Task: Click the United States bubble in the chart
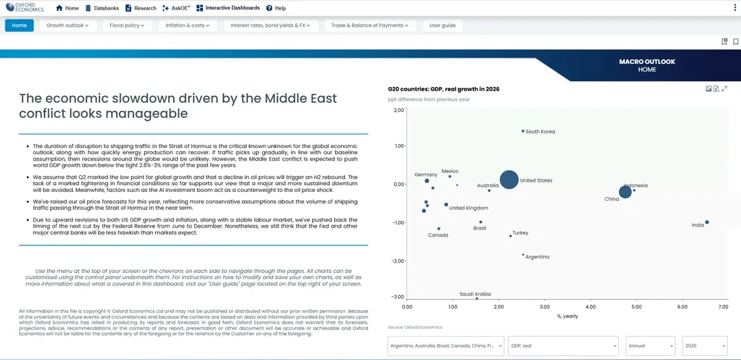pyautogui.click(x=509, y=180)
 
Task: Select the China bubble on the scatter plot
pyautogui.click(x=625, y=192)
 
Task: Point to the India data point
pyautogui.click(x=707, y=222)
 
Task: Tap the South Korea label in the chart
pyautogui.click(x=540, y=132)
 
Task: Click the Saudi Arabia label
pyautogui.click(x=475, y=294)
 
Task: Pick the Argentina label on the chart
pyautogui.click(x=537, y=257)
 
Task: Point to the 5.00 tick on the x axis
pyautogui.click(x=635, y=307)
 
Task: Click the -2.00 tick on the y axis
pyautogui.click(x=398, y=261)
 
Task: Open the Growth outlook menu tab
pyautogui.click(x=67, y=25)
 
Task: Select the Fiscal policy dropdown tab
pyautogui.click(x=127, y=25)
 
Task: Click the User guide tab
pyautogui.click(x=443, y=25)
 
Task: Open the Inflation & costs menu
pyautogui.click(x=187, y=25)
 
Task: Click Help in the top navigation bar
pyautogui.click(x=276, y=8)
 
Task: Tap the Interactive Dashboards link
pyautogui.click(x=228, y=8)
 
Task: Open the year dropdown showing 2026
pyautogui.click(x=705, y=346)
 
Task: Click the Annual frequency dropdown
pyautogui.click(x=650, y=346)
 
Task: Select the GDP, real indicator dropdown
pyautogui.click(x=563, y=346)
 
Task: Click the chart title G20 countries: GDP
pyautogui.click(x=444, y=89)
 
